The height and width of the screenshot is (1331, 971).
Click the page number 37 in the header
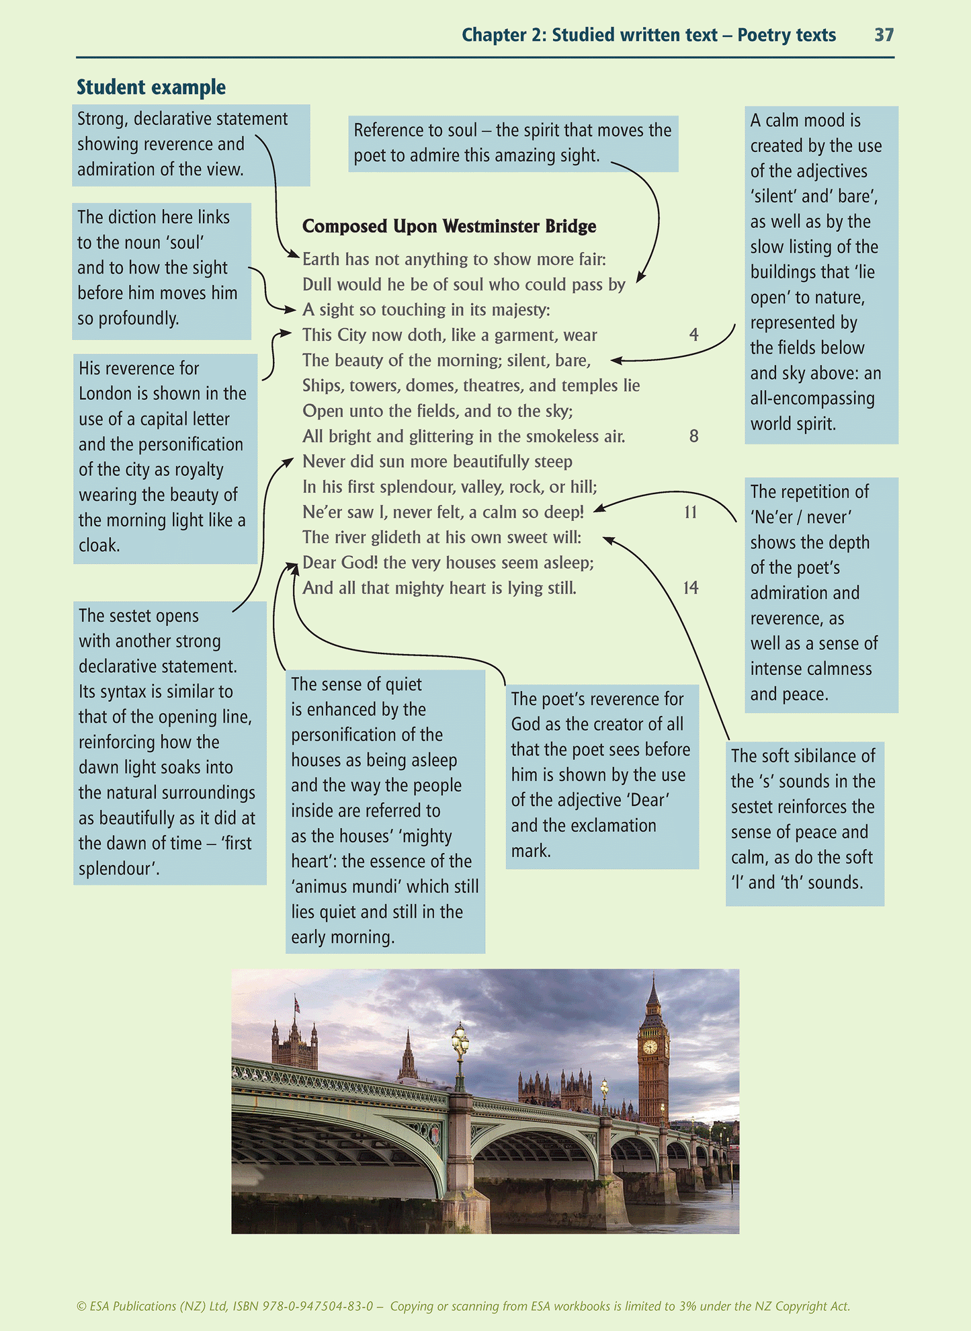click(884, 35)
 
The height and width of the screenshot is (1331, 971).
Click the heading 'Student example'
click(151, 87)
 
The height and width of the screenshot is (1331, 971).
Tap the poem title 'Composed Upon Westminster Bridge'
click(449, 227)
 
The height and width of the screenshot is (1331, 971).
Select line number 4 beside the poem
click(693, 335)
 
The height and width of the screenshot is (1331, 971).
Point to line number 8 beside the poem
click(693, 436)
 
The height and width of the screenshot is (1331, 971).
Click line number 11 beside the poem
click(691, 512)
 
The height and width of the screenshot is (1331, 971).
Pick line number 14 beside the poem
click(691, 588)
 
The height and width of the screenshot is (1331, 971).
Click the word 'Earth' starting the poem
click(321, 259)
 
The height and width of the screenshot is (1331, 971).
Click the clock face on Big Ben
click(649, 1047)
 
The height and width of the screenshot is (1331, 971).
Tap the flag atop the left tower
click(296, 1004)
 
